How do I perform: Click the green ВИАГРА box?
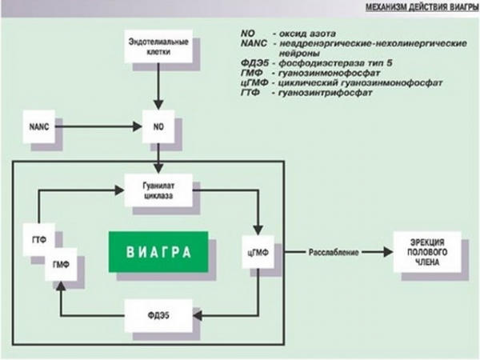point(158,252)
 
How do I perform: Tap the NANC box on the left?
point(39,126)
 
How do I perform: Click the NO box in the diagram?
point(158,126)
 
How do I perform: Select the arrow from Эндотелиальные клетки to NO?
point(158,87)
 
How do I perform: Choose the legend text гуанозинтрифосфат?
point(321,92)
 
